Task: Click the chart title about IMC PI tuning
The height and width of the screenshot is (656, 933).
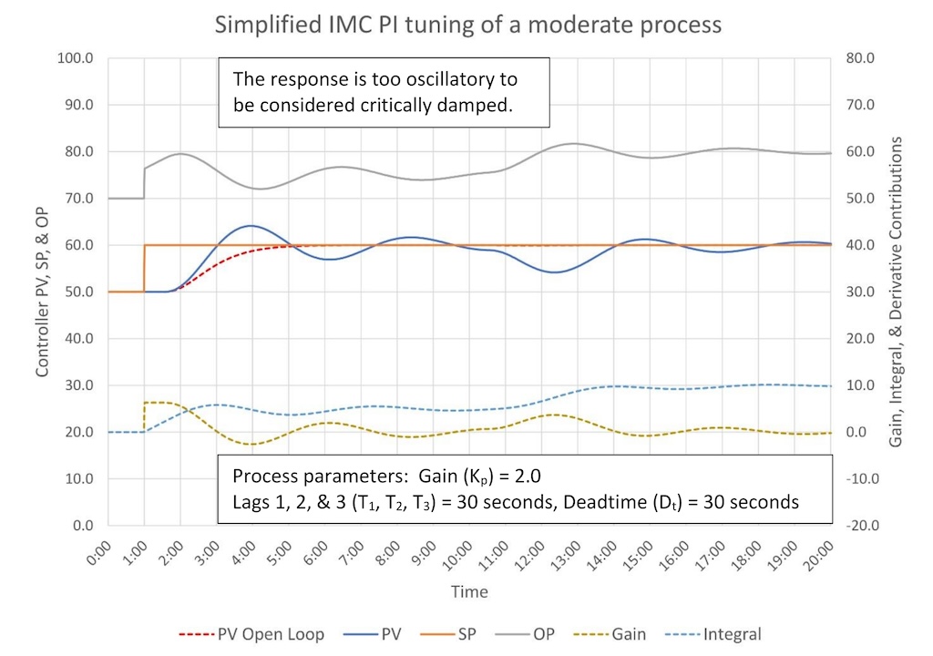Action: [x=467, y=24]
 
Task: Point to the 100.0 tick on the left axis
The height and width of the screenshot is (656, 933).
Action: [x=77, y=58]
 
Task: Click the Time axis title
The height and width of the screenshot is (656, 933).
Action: [x=469, y=592]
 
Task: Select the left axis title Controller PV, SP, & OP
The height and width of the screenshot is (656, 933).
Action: [x=42, y=292]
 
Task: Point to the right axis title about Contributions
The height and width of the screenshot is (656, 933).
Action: [x=897, y=292]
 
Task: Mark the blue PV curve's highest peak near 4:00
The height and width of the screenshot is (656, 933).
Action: [x=250, y=225]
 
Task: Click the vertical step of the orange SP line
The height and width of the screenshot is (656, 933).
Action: [x=144, y=269]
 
